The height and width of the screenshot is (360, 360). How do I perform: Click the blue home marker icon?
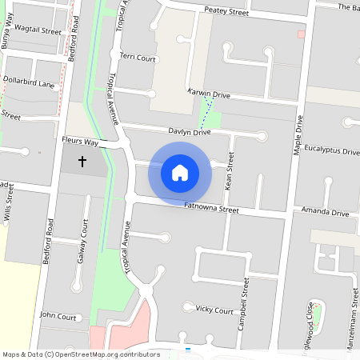180,172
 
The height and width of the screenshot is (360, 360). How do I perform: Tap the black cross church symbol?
82,162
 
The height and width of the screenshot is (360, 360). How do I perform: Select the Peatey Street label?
226,11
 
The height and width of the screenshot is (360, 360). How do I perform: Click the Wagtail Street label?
38,30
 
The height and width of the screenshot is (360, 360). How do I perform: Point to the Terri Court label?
137,58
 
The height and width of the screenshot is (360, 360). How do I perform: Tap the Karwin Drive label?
208,94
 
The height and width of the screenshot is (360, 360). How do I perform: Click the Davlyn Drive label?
189,131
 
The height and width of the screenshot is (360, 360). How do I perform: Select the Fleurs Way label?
79,142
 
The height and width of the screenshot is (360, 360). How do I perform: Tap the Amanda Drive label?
325,214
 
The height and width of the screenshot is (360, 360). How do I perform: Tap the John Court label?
58,316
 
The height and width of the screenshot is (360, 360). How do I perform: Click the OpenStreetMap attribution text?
80,354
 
